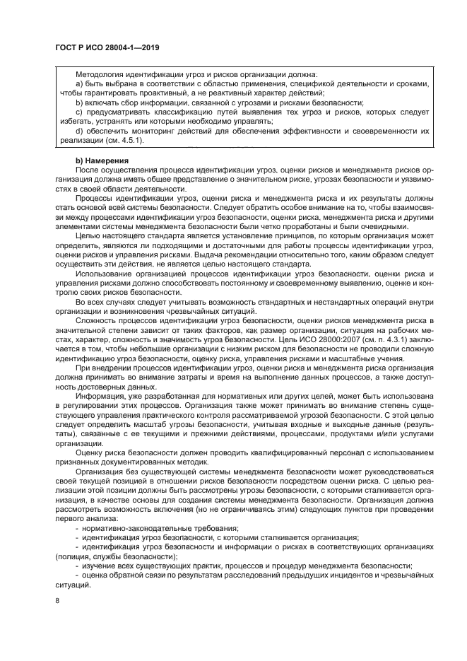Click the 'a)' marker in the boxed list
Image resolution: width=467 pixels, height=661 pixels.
click(x=79, y=83)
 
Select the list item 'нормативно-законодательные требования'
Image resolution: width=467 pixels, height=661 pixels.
click(x=160, y=528)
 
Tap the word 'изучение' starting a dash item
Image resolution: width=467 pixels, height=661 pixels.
click(x=100, y=566)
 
